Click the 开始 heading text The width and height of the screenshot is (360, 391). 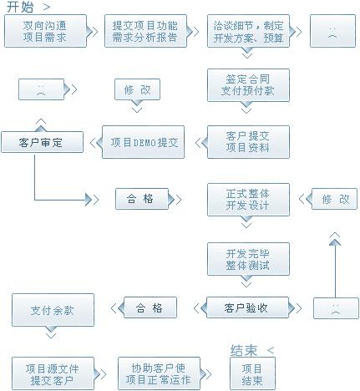click(x=20, y=7)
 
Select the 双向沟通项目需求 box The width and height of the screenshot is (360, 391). click(x=45, y=31)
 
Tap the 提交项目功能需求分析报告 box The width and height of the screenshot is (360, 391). click(x=145, y=31)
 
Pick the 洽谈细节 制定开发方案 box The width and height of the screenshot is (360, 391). click(x=248, y=31)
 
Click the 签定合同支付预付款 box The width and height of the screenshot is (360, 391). click(x=248, y=85)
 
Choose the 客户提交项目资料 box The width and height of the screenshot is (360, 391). click(x=248, y=142)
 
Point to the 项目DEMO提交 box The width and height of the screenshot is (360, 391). click(x=143, y=142)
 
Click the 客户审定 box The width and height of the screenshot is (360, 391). click(x=42, y=142)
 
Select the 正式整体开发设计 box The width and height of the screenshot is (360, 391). click(x=248, y=200)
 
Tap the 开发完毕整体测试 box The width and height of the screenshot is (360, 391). click(x=248, y=259)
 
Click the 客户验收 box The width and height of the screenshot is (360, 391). click(x=247, y=307)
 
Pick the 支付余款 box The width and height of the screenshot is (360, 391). click(x=53, y=310)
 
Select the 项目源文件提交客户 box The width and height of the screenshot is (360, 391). click(x=53, y=373)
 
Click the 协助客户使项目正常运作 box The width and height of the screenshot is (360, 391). click(x=159, y=373)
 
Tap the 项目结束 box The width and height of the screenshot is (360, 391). click(x=252, y=373)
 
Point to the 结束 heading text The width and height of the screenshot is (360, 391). click(x=244, y=350)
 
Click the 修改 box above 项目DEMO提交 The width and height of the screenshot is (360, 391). click(x=137, y=89)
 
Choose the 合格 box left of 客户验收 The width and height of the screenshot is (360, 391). click(x=150, y=307)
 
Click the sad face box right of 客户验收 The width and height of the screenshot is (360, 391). click(x=336, y=308)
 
